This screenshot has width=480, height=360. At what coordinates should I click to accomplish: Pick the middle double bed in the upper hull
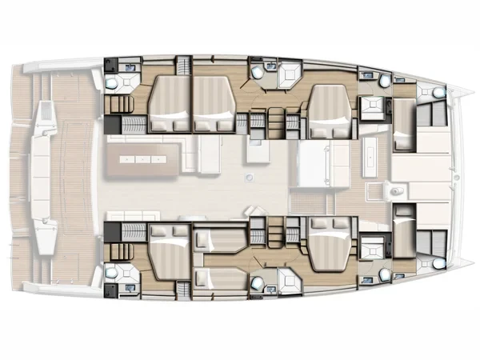(x=211, y=102)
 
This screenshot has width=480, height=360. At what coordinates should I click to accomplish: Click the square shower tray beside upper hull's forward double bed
(x=370, y=106)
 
